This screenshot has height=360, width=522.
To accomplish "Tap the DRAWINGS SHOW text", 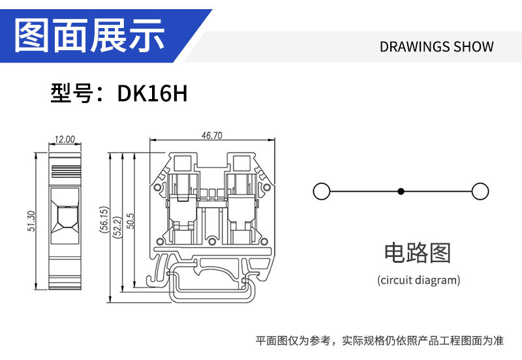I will [x=437, y=47].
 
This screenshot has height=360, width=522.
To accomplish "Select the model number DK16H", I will [x=152, y=94].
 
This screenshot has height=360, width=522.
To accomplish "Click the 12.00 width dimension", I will [x=65, y=140].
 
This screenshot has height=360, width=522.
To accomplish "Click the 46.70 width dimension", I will [x=212, y=136].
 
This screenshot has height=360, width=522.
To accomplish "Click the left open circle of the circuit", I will [x=321, y=191].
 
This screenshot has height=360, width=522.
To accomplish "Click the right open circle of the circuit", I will [x=480, y=191].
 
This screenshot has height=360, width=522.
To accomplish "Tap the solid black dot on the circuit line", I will [x=401, y=191].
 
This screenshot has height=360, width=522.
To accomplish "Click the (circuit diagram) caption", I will [x=418, y=280].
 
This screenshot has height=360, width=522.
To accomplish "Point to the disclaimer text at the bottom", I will [x=379, y=340].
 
